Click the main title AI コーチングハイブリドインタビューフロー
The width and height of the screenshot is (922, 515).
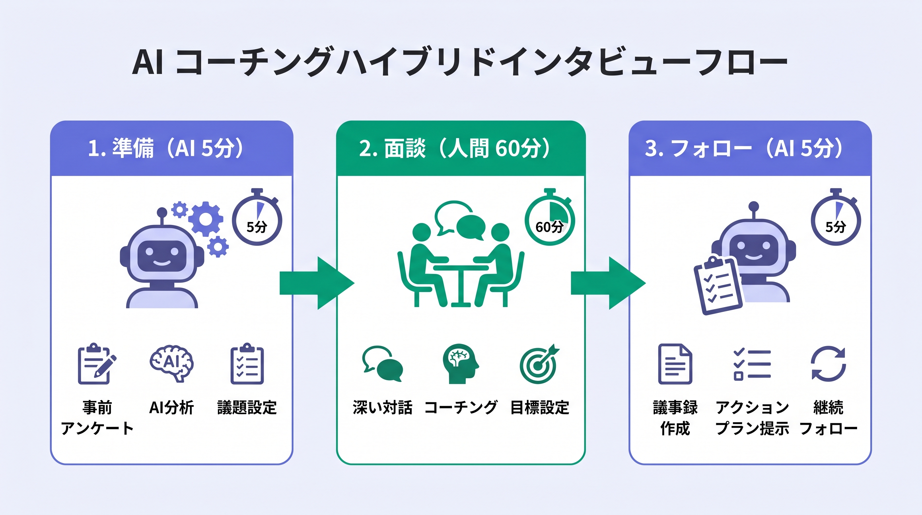tap(460, 62)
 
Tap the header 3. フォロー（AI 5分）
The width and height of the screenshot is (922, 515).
tap(744, 148)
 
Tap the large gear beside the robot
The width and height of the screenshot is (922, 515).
tap(205, 219)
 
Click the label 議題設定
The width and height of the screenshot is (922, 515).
tap(247, 408)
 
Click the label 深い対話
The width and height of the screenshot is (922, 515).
tap(382, 408)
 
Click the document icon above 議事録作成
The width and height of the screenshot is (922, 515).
tap(675, 364)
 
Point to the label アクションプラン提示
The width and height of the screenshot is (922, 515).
tap(752, 417)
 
